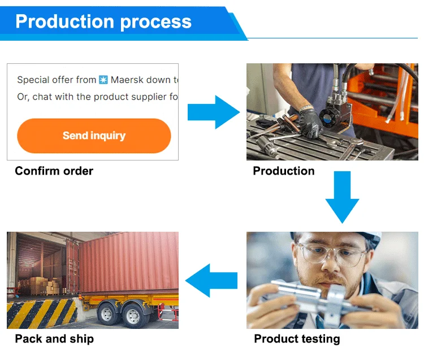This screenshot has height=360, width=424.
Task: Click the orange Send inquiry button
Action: pyautogui.click(x=94, y=136)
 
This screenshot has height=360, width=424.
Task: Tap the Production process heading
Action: pyautogui.click(x=103, y=22)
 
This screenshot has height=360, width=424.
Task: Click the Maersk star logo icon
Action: pyautogui.click(x=103, y=80)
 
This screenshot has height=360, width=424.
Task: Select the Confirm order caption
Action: pyautogui.click(x=54, y=171)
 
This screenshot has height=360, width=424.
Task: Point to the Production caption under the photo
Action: pyautogui.click(x=284, y=171)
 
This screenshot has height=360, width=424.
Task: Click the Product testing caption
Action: pyautogui.click(x=297, y=339)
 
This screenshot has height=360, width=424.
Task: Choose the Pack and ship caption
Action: pyautogui.click(x=54, y=339)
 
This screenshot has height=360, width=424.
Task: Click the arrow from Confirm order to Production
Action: pyautogui.click(x=214, y=112)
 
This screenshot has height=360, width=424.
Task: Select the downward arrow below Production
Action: pyautogui.click(x=343, y=197)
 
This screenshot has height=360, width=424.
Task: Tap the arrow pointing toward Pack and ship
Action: pyautogui.click(x=211, y=280)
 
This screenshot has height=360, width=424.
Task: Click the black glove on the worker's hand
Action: pyautogui.click(x=311, y=123)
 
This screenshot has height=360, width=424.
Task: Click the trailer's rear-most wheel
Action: pyautogui.click(x=107, y=314)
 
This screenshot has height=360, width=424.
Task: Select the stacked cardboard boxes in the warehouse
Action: pyautogui.click(x=45, y=286)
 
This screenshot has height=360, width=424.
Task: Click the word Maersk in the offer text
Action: pyautogui.click(x=141, y=80)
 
